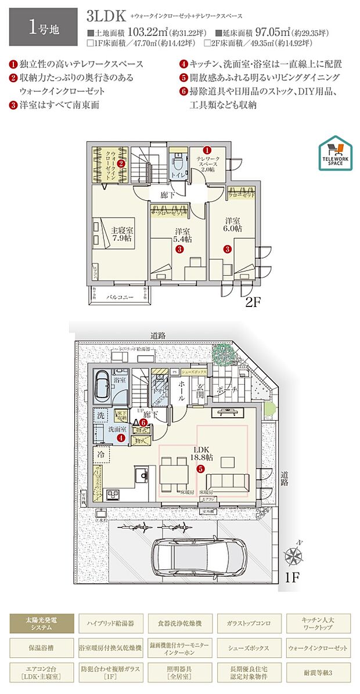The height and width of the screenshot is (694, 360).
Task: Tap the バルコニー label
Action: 120,297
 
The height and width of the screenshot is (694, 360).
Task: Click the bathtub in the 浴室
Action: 103,385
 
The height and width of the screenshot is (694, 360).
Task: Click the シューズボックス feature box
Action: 249,647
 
